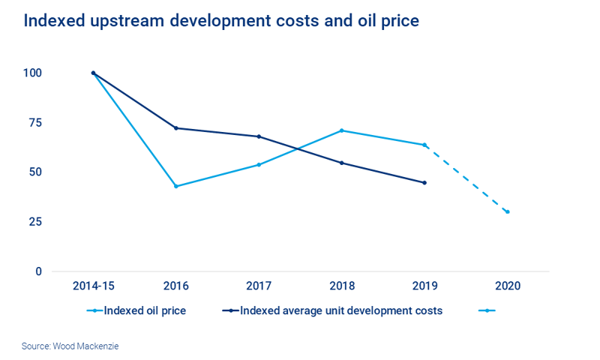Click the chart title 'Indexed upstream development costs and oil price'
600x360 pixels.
221,21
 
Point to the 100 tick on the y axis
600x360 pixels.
32,73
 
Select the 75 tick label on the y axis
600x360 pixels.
34,123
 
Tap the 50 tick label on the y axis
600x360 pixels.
34,172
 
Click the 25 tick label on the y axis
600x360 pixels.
34,222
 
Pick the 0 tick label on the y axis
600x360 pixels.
38,271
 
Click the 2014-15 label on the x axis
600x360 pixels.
93,286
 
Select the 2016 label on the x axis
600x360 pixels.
176,286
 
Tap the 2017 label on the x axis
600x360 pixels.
259,286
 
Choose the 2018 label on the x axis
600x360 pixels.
342,286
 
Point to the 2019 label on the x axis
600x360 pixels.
424,286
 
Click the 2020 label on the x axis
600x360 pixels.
508,286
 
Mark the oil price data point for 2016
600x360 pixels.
176,186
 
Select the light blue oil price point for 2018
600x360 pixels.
342,130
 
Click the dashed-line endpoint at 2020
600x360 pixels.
508,211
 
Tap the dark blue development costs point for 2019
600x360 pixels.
424,182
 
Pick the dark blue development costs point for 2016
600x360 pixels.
176,128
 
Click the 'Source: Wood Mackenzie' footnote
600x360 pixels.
70,346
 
